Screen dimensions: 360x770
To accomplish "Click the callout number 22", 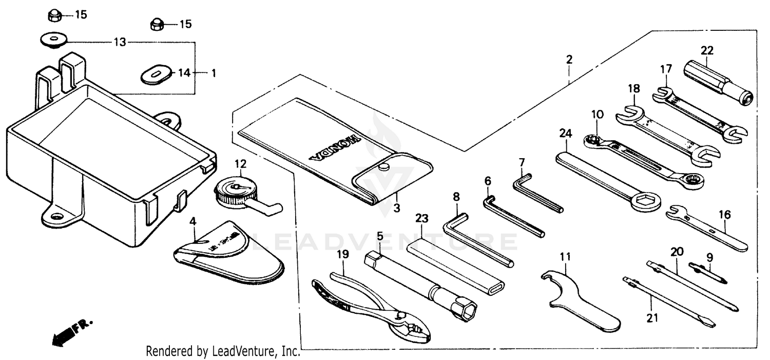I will coord(707,50).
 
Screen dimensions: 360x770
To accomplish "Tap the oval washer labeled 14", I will coord(155,73).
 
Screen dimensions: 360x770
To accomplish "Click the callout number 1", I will coord(214,73).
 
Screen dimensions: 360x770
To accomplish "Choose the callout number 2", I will coord(569,60).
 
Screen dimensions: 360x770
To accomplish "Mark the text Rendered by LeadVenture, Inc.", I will coord(222,351).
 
